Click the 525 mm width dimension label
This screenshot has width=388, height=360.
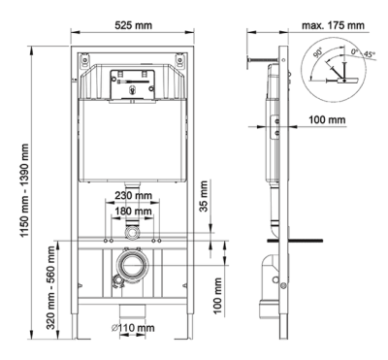pos(130,22)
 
